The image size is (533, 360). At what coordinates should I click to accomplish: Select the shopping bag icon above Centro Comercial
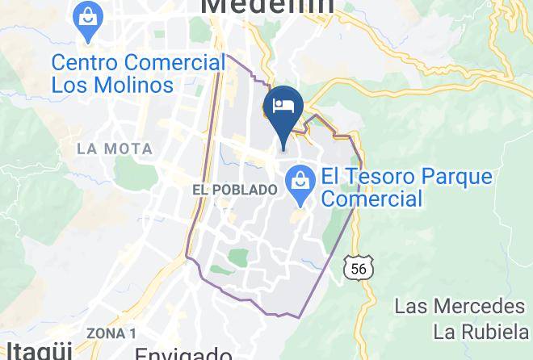pos(86,23)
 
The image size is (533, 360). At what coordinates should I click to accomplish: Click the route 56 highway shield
pos(358,267)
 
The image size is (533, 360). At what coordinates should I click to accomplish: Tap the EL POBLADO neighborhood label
pos(235,189)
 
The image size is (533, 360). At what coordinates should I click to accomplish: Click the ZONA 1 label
pos(111,333)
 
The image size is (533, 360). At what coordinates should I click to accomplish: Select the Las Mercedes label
pos(460,307)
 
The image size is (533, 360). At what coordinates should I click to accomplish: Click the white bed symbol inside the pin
pos(283,105)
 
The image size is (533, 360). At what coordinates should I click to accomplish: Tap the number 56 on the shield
pos(358,268)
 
